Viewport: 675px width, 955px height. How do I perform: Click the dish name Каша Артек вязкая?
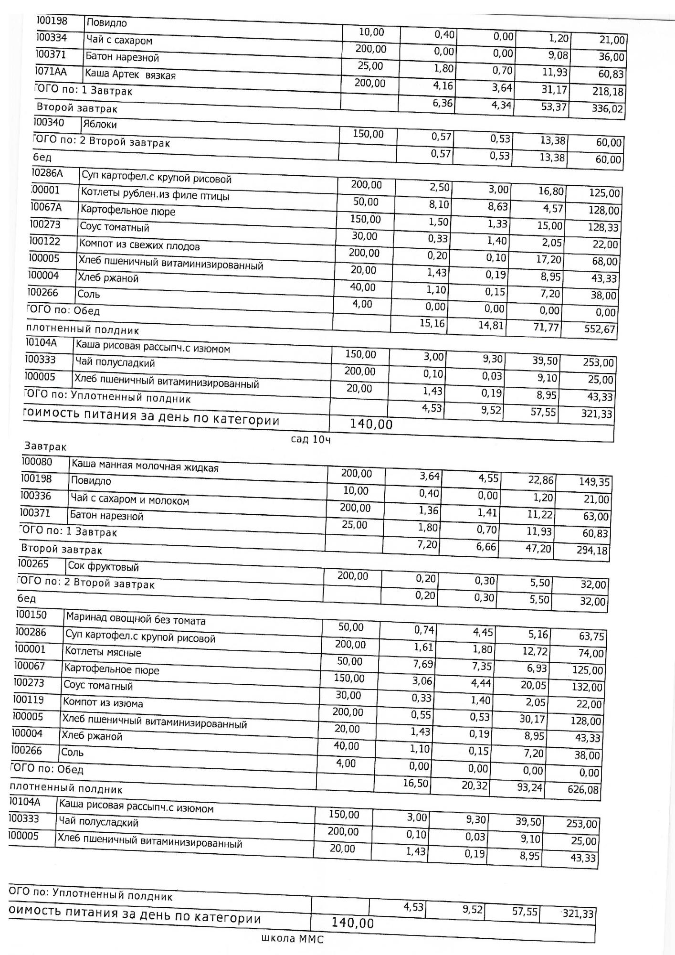pos(130,74)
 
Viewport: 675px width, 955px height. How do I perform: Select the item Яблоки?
pos(99,125)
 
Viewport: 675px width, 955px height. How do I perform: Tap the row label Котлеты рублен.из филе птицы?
pos(155,194)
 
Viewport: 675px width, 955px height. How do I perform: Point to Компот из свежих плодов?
pos(139,245)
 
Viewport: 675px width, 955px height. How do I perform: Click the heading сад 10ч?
pos(311,439)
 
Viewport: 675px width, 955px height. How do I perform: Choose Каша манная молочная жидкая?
pos(145,466)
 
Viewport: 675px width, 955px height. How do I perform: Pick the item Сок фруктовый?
pos(103,567)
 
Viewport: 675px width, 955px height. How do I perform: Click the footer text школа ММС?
pos(292,939)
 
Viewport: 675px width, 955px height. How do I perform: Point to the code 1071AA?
pos(51,72)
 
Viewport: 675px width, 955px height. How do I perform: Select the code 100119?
pos(29,700)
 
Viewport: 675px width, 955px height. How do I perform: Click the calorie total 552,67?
pos(600,329)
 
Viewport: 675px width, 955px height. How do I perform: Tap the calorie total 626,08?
pos(583,790)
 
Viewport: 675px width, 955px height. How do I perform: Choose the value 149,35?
pos(594,482)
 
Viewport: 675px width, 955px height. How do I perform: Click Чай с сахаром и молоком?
pos(130,500)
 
